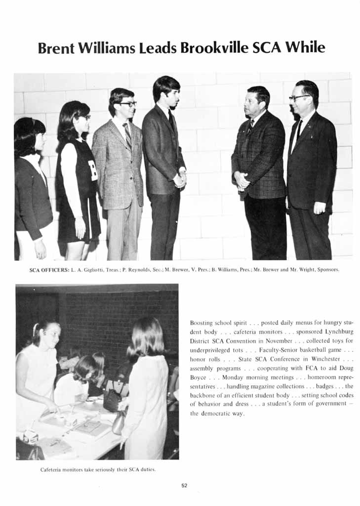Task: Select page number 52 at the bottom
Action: tap(184, 485)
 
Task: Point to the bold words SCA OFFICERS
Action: tap(49, 269)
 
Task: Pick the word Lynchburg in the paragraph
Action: tap(336, 332)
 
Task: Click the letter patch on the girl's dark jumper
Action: tap(93, 170)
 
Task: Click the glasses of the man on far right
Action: tap(299, 98)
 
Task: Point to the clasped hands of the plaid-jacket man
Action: tap(241, 180)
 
